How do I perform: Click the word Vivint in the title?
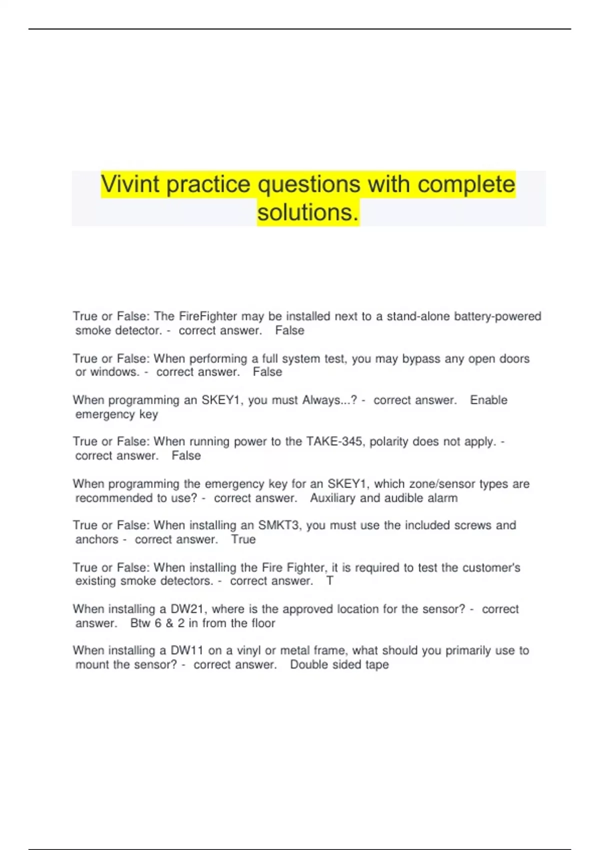[130, 184]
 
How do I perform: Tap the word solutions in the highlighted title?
[308, 212]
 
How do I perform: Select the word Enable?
[488, 400]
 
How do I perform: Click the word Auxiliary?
[332, 498]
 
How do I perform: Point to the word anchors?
[97, 540]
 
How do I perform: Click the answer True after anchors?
[243, 540]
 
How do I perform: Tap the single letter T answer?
[329, 581]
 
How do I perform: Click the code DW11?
[187, 651]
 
